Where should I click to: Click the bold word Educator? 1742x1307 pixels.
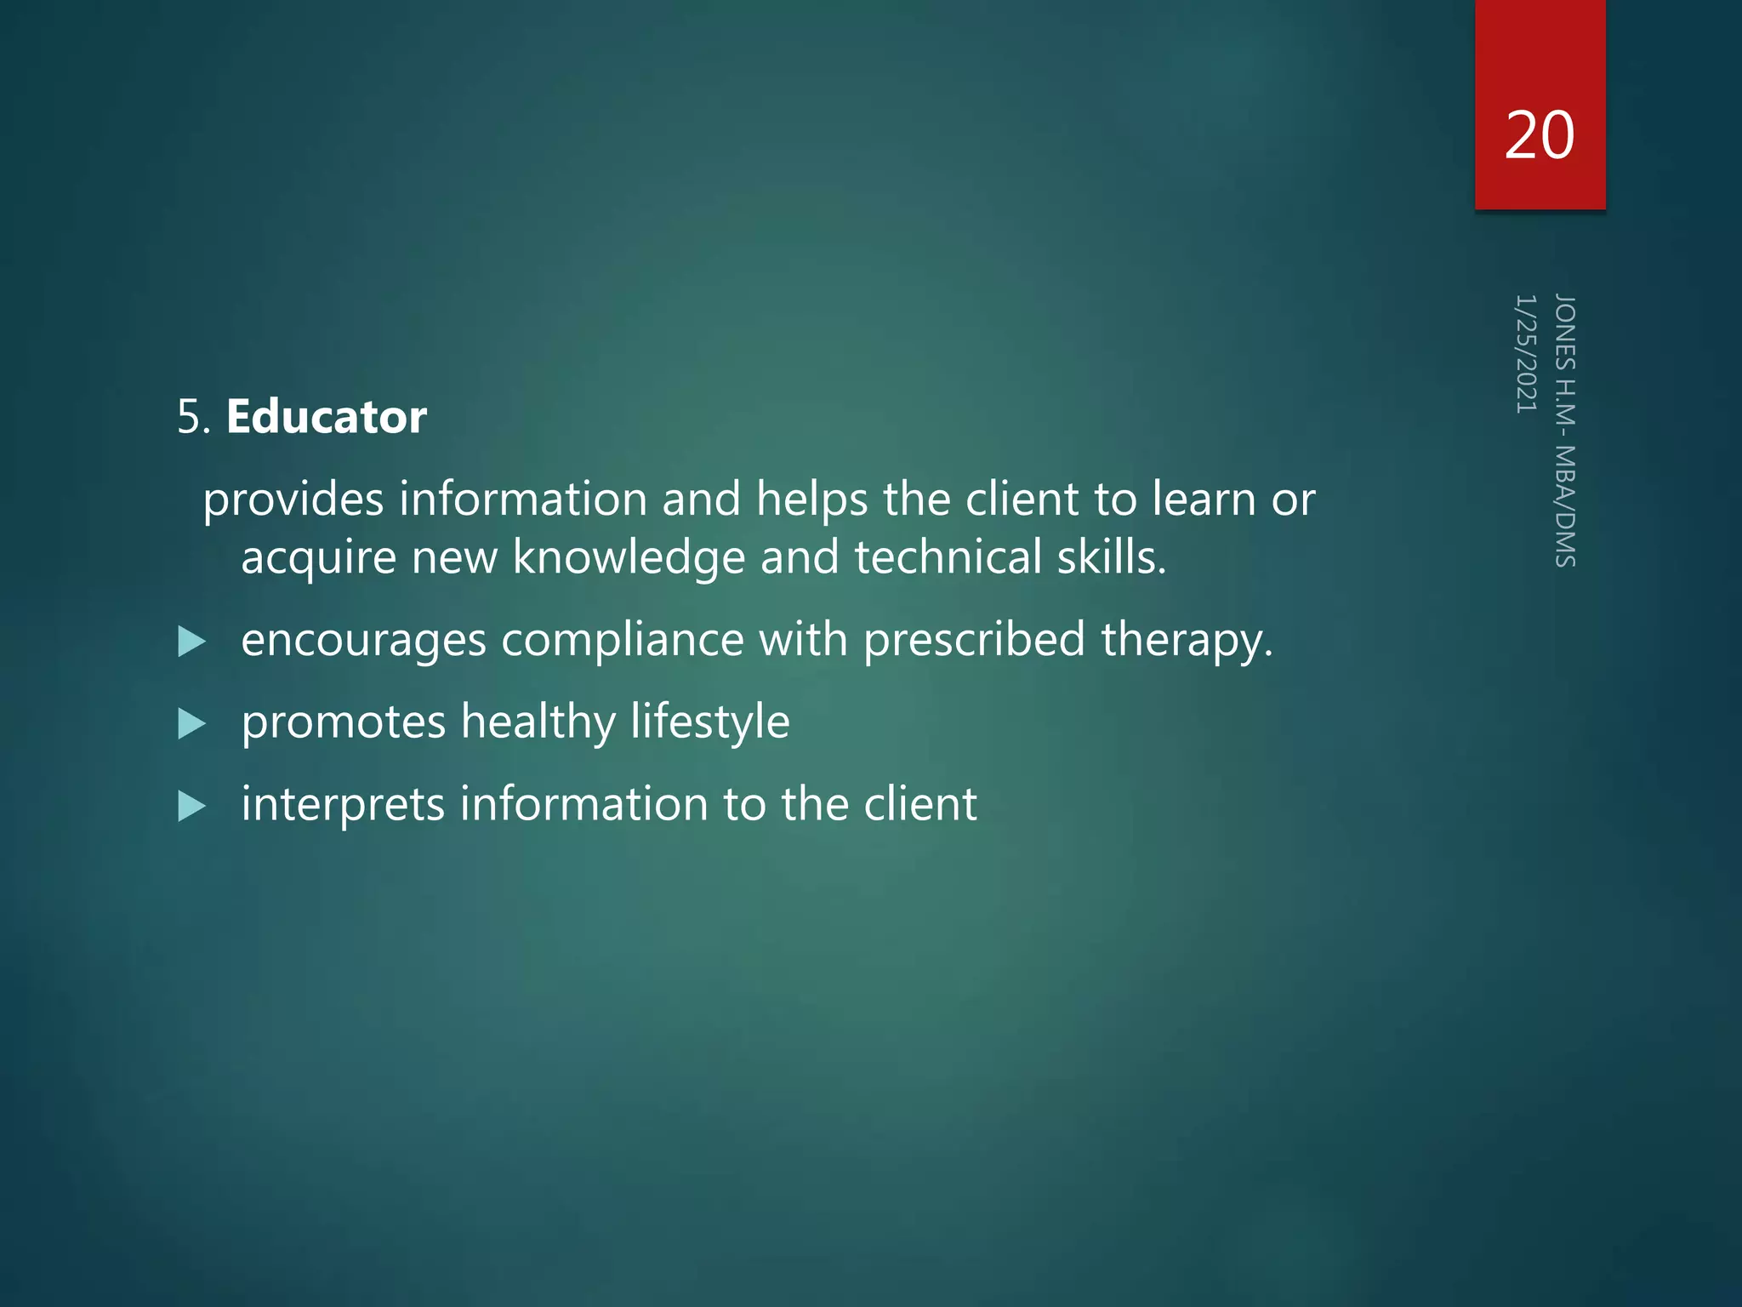[327, 417]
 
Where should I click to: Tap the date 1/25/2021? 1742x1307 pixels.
[1526, 354]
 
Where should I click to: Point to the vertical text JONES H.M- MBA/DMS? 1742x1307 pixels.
[1565, 431]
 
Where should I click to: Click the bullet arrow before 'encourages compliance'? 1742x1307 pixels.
[192, 642]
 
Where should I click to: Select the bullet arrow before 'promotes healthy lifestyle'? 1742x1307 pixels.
[192, 724]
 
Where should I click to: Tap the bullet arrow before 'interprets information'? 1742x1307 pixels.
[192, 806]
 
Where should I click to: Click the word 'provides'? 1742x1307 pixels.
[293, 499]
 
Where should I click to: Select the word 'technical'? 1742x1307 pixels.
[948, 557]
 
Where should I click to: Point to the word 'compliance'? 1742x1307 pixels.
[622, 641]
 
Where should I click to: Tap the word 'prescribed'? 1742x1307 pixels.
[974, 641]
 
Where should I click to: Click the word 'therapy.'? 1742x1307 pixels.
[1187, 641]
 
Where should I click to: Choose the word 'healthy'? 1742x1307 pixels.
[538, 723]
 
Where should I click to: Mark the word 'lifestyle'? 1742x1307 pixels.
[710, 723]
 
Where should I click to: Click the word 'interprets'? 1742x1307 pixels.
[343, 805]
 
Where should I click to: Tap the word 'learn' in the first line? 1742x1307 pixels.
[1204, 499]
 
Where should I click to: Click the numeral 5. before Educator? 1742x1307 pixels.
[194, 418]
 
